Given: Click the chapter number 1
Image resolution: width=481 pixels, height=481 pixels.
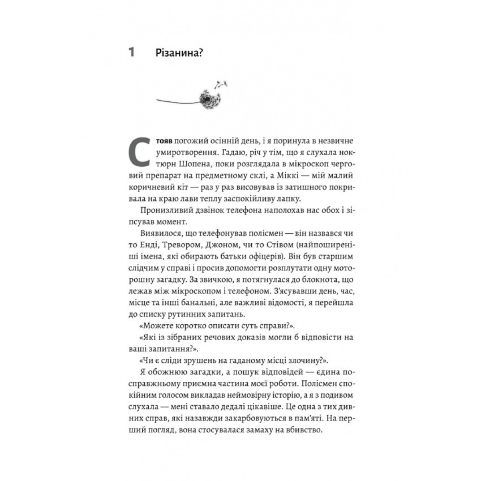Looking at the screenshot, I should (x=131, y=53).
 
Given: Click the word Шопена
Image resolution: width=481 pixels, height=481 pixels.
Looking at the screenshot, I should (x=182, y=166).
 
